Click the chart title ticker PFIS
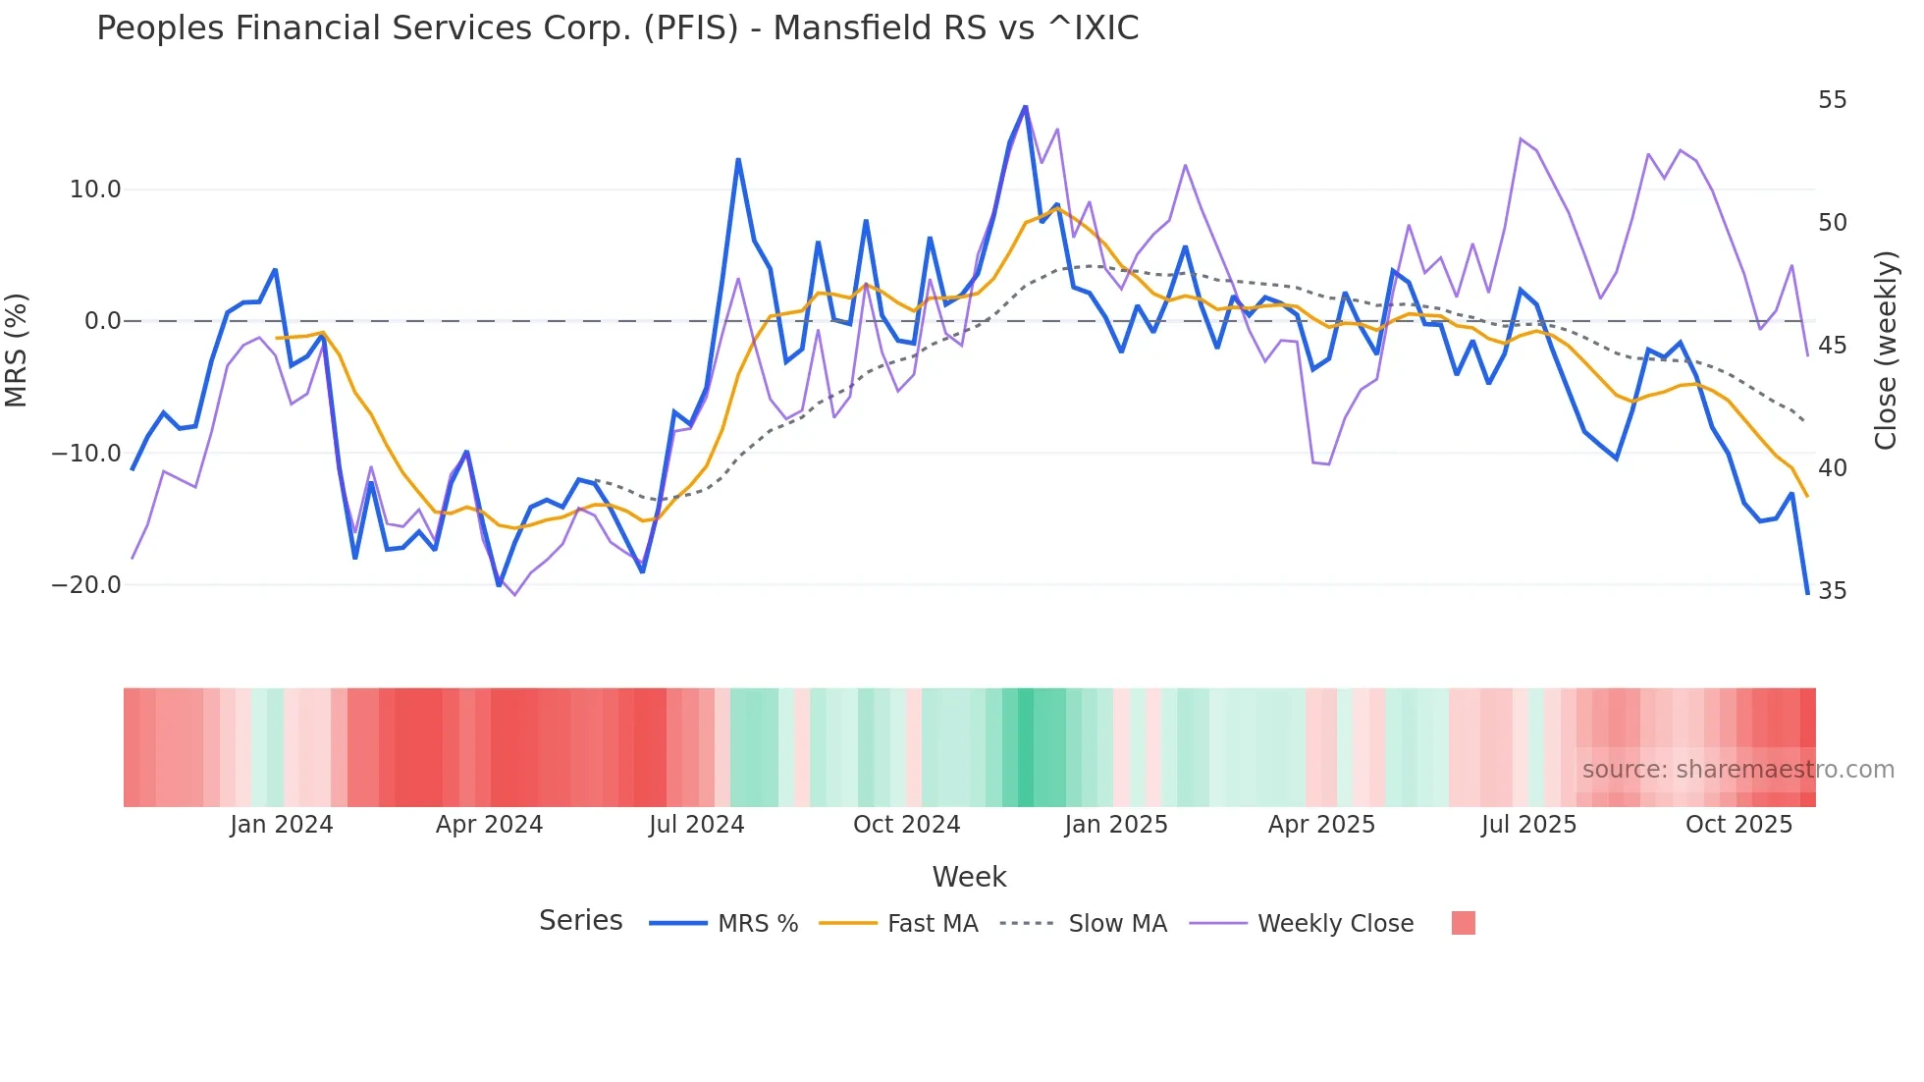click(x=690, y=28)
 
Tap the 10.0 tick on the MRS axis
click(x=95, y=189)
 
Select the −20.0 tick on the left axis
click(x=86, y=585)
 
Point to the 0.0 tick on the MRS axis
click(x=103, y=321)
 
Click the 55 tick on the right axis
click(x=1832, y=100)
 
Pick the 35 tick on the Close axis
click(x=1832, y=591)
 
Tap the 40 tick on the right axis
click(x=1832, y=468)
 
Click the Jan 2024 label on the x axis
click(x=282, y=825)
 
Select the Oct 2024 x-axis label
click(x=906, y=825)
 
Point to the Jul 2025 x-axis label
click(x=1528, y=825)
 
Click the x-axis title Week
click(x=969, y=877)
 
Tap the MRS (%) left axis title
click(x=17, y=351)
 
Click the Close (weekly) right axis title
click(x=1885, y=351)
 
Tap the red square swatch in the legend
click(x=1463, y=923)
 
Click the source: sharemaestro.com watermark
click(x=1737, y=770)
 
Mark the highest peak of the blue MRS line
click(x=1026, y=106)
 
